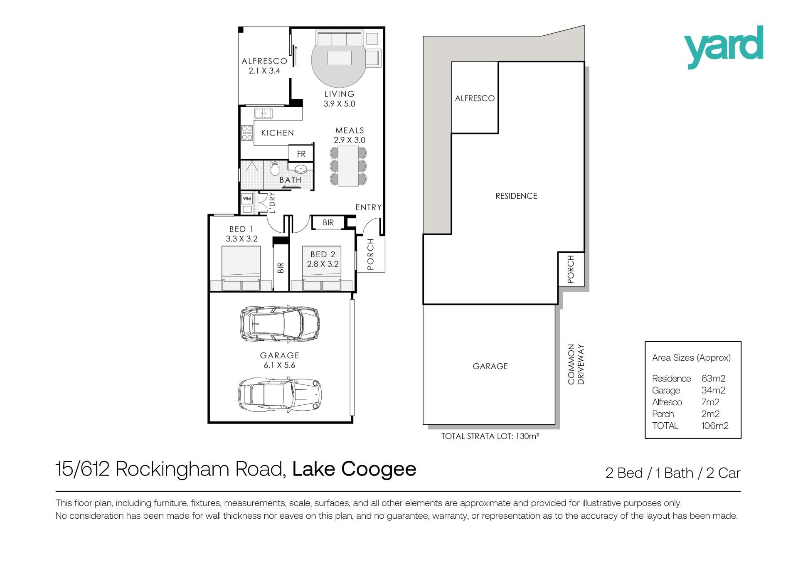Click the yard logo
(724, 47)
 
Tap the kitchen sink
(263, 113)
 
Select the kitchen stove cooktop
(247, 133)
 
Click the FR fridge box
(301, 153)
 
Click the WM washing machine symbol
(247, 198)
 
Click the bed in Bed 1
(241, 268)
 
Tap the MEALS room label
(350, 131)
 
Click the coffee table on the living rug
(340, 58)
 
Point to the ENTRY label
(368, 207)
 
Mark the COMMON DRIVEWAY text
(576, 364)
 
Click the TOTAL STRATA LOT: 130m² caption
(490, 436)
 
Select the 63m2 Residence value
(713, 379)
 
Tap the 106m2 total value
(714, 426)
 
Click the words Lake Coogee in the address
(354, 469)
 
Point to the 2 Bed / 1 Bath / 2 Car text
(673, 473)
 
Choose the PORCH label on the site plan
(571, 269)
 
